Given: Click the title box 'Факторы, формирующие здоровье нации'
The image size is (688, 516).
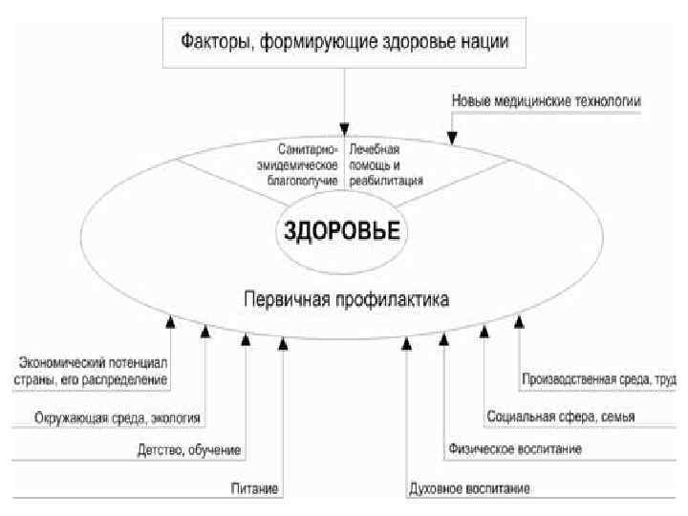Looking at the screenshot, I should (346, 42).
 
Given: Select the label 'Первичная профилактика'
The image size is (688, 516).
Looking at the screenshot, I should (346, 299).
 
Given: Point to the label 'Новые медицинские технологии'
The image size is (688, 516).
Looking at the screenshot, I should (545, 100).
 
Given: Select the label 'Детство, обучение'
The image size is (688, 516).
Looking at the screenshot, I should (189, 448).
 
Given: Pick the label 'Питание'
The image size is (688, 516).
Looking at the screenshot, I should (254, 488).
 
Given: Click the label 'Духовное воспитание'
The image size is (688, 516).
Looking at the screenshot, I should (468, 488).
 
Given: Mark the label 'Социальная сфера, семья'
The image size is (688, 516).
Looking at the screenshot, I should (561, 417).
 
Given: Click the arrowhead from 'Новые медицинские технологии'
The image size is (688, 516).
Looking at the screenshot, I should (452, 140).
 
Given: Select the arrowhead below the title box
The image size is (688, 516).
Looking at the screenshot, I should (345, 129).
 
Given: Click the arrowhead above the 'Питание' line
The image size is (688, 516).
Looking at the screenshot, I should (283, 342).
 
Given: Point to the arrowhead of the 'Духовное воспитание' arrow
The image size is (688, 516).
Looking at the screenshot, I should (407, 342).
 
